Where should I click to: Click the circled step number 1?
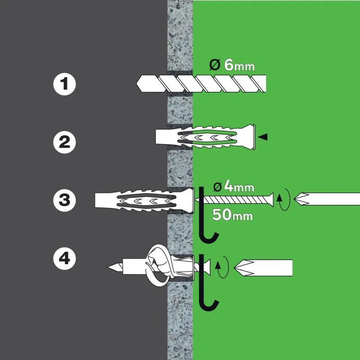pyautogui.click(x=64, y=84)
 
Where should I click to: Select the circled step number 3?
pyautogui.click(x=64, y=200)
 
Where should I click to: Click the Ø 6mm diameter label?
pyautogui.click(x=232, y=66)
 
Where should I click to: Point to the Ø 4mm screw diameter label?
pyautogui.click(x=234, y=186)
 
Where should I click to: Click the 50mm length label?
pyautogui.click(x=232, y=215)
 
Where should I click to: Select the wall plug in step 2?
pyautogui.click(x=205, y=136)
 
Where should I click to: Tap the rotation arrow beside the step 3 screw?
pyautogui.click(x=282, y=199)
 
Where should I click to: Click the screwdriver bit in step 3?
pyautogui.click(x=326, y=199)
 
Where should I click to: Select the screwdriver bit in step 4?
pyautogui.click(x=268, y=267)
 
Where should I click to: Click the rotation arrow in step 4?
pyautogui.click(x=221, y=268)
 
